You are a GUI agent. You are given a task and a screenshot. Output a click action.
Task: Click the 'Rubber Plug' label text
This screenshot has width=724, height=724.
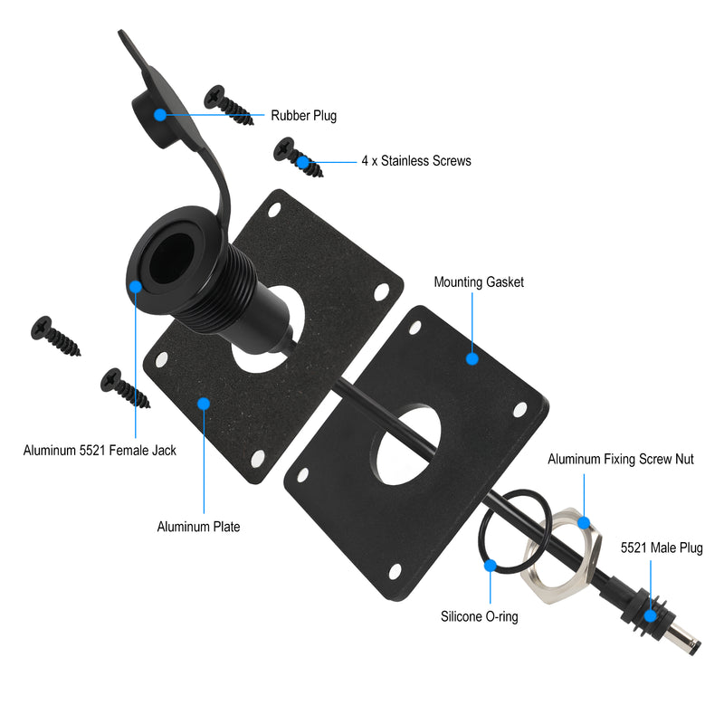[303, 116]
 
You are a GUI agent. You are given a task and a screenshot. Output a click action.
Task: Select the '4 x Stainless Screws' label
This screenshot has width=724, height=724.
[416, 161]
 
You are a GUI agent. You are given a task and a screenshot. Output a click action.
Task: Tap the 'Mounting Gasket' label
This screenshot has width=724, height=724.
[479, 282]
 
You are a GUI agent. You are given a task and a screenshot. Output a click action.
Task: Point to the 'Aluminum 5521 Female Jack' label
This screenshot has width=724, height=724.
[100, 450]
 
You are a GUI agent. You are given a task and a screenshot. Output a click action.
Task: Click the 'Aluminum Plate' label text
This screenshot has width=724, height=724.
[198, 527]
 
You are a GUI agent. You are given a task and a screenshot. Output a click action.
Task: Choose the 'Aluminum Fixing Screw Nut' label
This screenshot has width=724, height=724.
[621, 459]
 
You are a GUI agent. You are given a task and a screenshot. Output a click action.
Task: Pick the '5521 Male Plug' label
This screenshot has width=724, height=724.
[662, 548]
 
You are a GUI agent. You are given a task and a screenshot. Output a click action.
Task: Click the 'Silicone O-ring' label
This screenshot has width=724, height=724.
[480, 616]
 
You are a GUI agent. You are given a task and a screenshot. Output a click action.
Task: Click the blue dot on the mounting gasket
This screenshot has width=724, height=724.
[472, 358]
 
